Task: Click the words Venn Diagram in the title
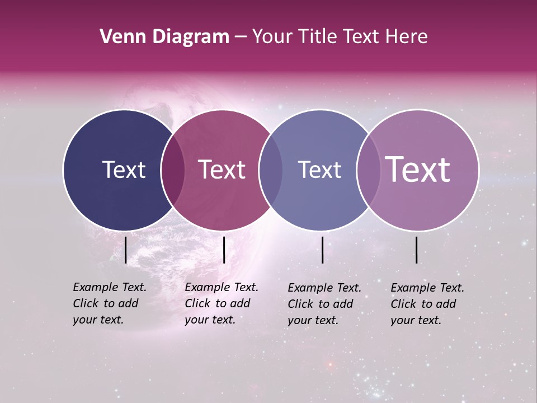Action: (x=164, y=37)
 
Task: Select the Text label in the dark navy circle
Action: (x=124, y=170)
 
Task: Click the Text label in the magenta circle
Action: (x=222, y=170)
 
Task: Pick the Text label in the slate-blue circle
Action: (x=319, y=170)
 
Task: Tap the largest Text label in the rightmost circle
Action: (x=418, y=170)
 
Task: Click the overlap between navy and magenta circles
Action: (x=173, y=170)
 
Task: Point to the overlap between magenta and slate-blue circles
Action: (x=271, y=170)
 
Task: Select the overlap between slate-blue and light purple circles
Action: (x=368, y=170)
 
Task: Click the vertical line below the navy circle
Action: (x=126, y=250)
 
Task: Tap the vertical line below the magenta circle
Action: (x=224, y=250)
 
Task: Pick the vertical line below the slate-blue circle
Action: (x=323, y=250)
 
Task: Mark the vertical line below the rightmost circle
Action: (x=417, y=250)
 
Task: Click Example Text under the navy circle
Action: (x=110, y=287)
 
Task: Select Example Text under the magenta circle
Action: (x=222, y=287)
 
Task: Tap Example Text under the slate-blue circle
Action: (x=324, y=288)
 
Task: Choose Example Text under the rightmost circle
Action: (x=427, y=288)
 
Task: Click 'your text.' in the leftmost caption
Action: (x=98, y=320)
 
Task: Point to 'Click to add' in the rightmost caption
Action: (x=423, y=304)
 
